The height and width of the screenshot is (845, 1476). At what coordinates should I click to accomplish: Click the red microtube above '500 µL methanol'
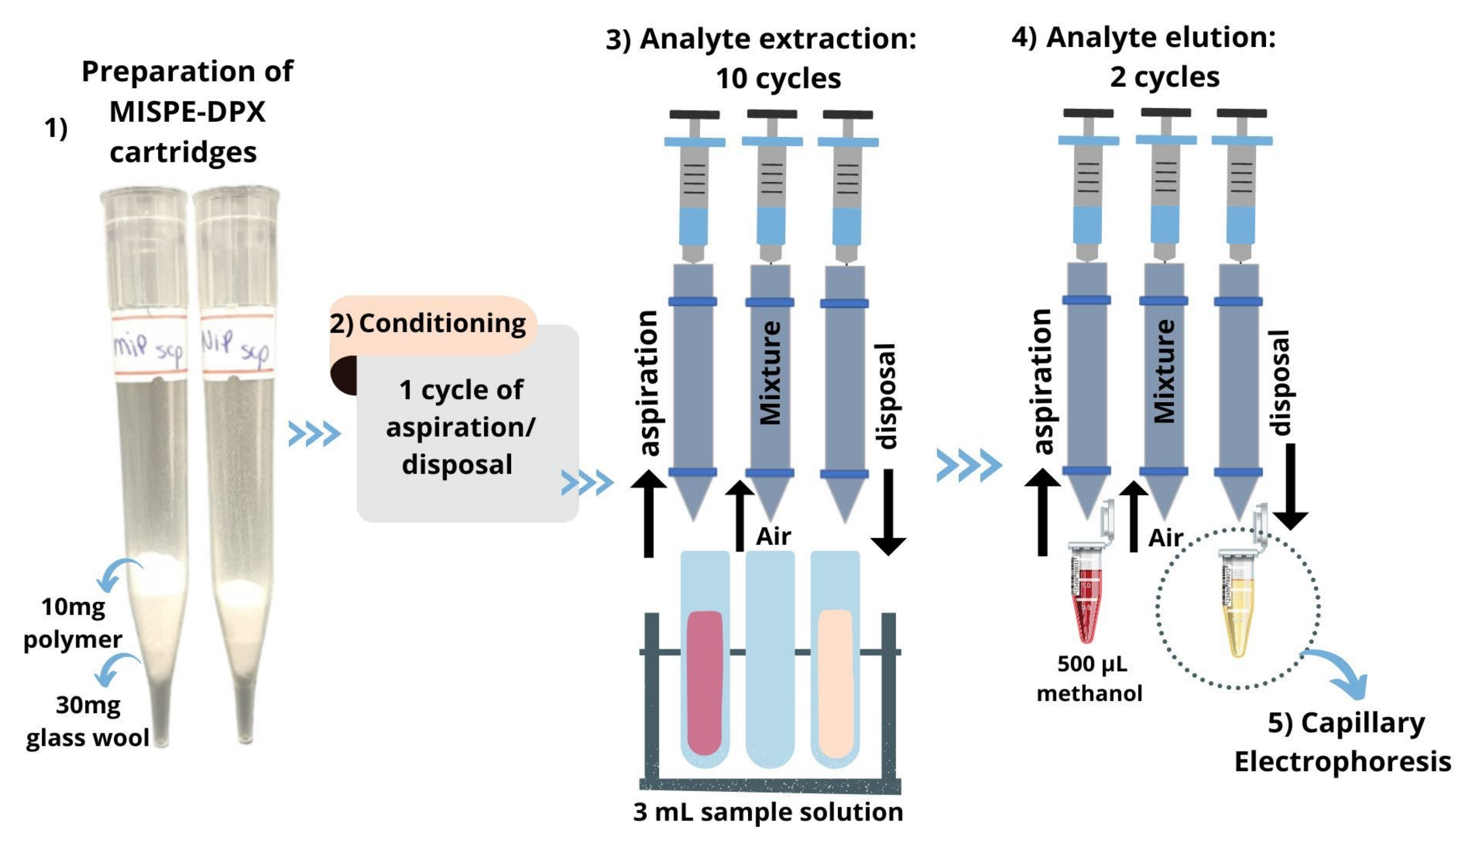(x=1086, y=598)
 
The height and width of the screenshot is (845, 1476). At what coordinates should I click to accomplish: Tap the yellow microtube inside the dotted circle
(x=1237, y=609)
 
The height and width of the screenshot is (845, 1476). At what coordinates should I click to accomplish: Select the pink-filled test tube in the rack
(x=704, y=682)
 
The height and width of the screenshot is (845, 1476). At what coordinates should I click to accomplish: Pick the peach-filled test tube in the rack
(x=836, y=682)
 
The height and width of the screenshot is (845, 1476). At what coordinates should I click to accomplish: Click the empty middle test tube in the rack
(x=770, y=662)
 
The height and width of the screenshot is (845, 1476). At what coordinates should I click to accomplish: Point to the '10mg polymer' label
(x=73, y=623)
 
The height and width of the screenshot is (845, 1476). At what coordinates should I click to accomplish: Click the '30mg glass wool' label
(x=87, y=721)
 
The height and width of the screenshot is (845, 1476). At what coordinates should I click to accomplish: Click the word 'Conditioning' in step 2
(x=442, y=323)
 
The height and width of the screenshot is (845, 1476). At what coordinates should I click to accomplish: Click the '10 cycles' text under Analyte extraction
(x=778, y=78)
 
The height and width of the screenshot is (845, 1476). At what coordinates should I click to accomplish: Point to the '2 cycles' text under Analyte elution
(x=1164, y=76)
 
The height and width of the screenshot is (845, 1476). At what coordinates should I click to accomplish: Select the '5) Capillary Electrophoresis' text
(x=1343, y=742)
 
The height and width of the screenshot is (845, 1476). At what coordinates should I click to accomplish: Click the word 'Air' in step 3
(x=773, y=536)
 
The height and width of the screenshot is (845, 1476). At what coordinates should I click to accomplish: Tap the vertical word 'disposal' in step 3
(x=886, y=397)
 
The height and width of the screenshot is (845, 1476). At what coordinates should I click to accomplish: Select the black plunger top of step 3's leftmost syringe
(x=694, y=115)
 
